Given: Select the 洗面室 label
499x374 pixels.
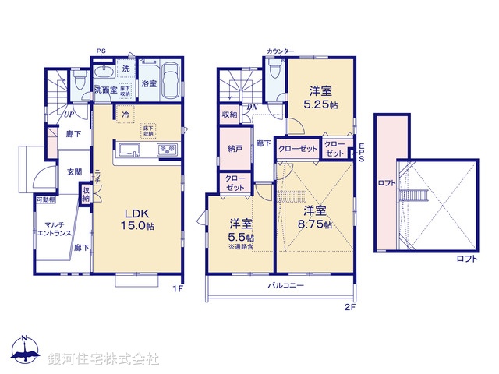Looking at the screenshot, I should [105, 90].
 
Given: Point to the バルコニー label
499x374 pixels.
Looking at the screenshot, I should [286, 286].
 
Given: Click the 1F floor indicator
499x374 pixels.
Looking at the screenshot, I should [176, 288].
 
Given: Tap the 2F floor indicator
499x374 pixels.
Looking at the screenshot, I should [349, 307].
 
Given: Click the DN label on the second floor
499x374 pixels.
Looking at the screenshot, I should [252, 108].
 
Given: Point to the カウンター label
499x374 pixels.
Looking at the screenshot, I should [281, 51].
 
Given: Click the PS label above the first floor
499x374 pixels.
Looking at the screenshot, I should [101, 51].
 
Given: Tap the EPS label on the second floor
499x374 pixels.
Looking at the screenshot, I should [362, 152].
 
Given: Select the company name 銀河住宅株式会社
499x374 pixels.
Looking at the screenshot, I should [104, 358].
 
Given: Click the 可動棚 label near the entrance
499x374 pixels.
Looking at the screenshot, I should [45, 200].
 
